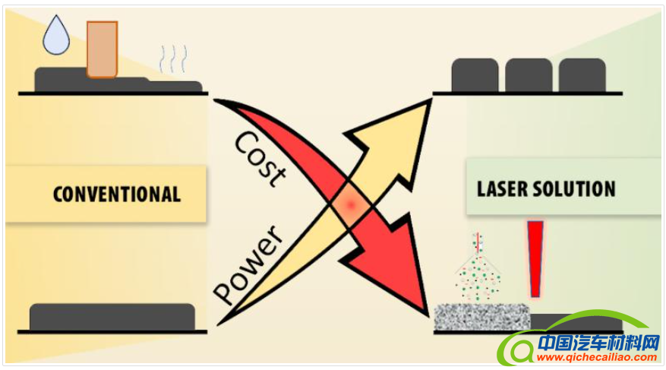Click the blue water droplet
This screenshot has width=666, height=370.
(x=56, y=36)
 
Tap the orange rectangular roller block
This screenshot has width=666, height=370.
(x=102, y=49)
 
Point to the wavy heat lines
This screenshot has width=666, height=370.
(x=172, y=59)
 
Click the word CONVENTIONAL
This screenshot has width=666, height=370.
(x=117, y=194)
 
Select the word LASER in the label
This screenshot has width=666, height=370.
(x=505, y=188)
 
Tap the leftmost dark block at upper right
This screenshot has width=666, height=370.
(x=475, y=75)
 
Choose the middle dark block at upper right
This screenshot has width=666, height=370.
(x=529, y=75)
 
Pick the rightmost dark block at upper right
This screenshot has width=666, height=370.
(x=582, y=75)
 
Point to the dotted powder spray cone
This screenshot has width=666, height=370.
(x=478, y=274)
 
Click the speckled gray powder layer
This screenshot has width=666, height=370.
(x=481, y=316)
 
